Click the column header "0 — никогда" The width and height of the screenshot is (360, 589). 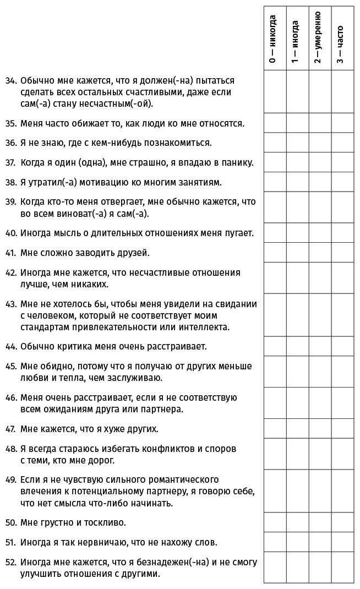[274, 40]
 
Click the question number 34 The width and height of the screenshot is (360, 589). [10, 80]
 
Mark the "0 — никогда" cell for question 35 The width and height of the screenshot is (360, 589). [275, 123]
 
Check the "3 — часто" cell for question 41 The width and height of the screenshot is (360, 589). [341, 253]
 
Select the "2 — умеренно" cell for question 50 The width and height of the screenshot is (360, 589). [319, 522]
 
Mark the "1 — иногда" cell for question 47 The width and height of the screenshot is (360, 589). [297, 428]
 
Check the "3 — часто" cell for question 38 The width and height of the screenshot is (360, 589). [341, 182]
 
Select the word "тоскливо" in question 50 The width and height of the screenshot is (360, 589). [106, 522]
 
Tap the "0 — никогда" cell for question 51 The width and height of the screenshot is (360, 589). [275, 542]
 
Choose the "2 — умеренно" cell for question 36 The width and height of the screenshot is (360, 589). [319, 143]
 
